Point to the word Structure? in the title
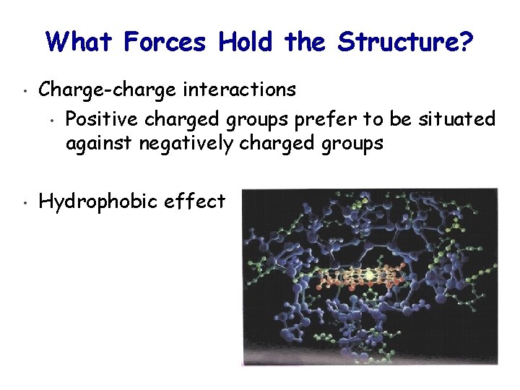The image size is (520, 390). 405,43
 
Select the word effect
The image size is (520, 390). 195,201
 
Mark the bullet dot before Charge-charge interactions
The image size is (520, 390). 24,92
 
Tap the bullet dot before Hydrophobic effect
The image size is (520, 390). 24,203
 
